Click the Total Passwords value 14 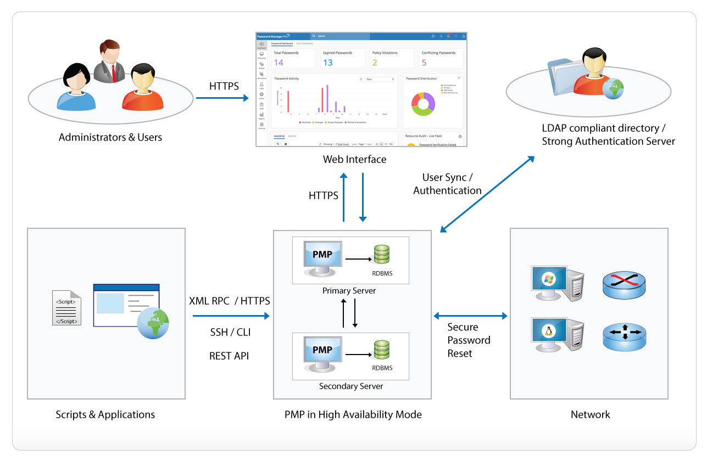[279, 63]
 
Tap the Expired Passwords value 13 [328, 63]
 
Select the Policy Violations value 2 [375, 63]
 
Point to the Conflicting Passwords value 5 [424, 63]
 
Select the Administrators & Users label [110, 137]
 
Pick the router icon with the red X [624, 283]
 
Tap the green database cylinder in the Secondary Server [382, 352]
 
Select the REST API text [229, 356]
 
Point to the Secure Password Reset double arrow [471, 316]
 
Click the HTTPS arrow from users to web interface [222, 99]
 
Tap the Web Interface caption [354, 160]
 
